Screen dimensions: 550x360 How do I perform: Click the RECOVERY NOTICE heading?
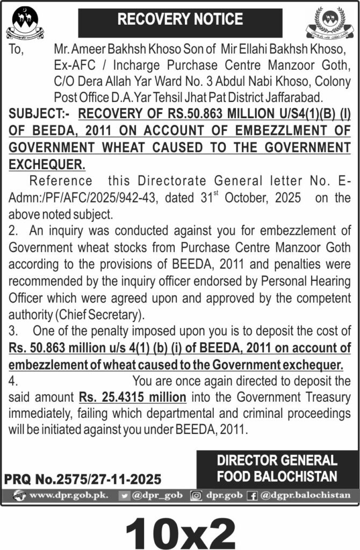pyautogui.click(x=180, y=20)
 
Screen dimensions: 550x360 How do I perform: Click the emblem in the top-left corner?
pyautogui.click(x=23, y=22)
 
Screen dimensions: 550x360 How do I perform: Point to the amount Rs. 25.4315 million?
pyautogui.click(x=133, y=397)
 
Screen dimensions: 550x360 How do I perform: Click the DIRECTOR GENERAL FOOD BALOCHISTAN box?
pyautogui.click(x=277, y=468)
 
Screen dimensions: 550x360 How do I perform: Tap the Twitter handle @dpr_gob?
pyautogui.click(x=151, y=495)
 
